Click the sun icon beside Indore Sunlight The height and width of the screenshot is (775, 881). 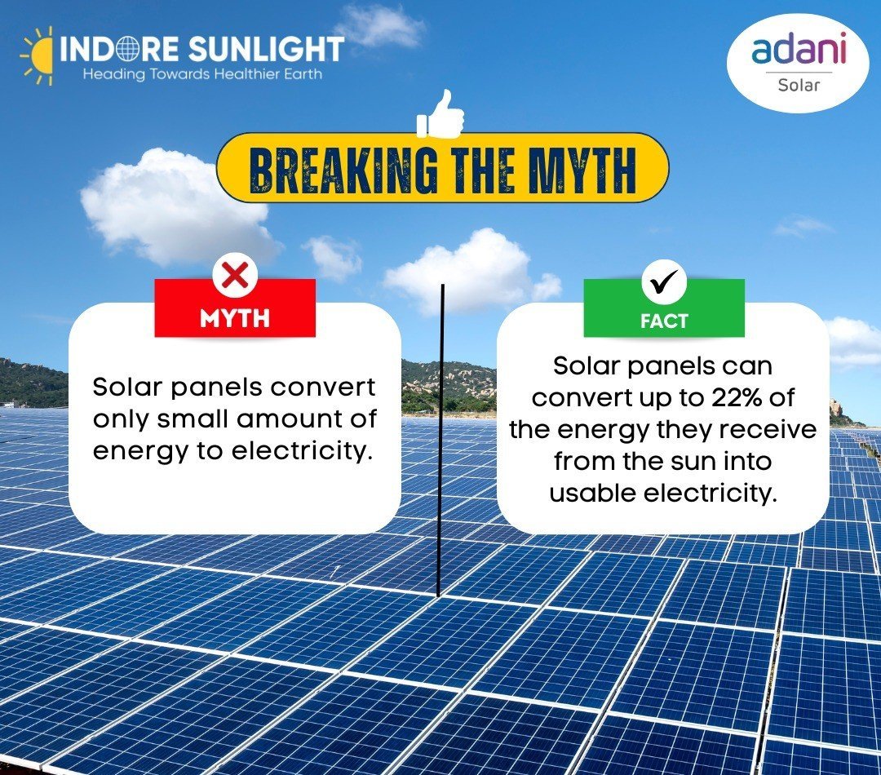click(x=37, y=55)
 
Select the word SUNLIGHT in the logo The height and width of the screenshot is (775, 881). click(x=266, y=48)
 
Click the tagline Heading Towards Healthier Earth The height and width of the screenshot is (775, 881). click(x=203, y=74)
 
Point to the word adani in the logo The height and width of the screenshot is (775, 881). click(x=799, y=49)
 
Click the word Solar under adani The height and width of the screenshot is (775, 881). click(x=799, y=85)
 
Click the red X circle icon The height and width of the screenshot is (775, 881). click(x=236, y=276)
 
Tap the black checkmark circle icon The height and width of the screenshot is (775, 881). click(x=664, y=282)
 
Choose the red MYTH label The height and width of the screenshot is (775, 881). click(x=235, y=308)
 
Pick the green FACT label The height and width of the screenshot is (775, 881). click(x=664, y=308)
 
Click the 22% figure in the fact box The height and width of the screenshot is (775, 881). click(x=735, y=398)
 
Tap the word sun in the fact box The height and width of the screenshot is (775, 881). click(x=700, y=462)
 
